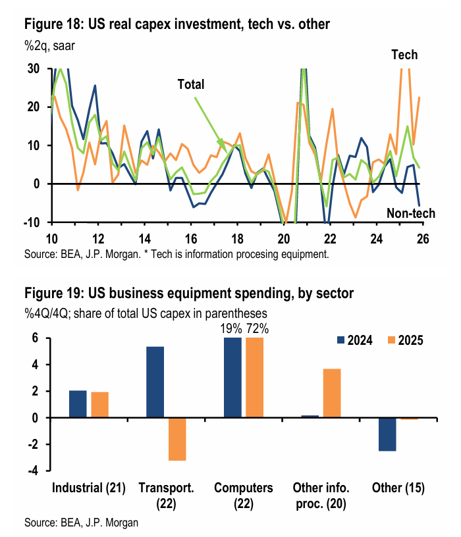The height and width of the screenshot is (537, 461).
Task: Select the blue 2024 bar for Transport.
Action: [155, 382]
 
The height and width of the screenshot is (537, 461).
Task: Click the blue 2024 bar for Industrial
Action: [78, 404]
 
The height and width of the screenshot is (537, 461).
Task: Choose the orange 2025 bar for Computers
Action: [254, 378]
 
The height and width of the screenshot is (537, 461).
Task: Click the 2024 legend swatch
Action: [340, 340]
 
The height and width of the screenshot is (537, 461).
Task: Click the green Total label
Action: [190, 84]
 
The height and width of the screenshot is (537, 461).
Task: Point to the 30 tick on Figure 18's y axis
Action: [33, 69]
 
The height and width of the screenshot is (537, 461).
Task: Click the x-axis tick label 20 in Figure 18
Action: [284, 238]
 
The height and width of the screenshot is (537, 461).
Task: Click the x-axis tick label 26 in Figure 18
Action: [423, 238]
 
